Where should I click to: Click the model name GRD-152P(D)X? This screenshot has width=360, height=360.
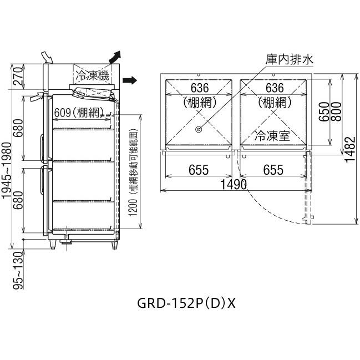point(186,303)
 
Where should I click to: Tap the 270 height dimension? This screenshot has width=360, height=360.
point(18,77)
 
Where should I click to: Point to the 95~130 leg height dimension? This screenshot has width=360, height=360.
point(18,270)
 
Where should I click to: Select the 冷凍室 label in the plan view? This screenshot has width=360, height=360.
point(272,135)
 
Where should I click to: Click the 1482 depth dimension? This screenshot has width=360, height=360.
point(347,149)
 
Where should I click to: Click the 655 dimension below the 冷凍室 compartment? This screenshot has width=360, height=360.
point(273,170)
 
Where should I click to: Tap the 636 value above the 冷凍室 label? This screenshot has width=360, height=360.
point(273,88)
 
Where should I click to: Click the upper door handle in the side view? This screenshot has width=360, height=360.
point(42,145)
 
